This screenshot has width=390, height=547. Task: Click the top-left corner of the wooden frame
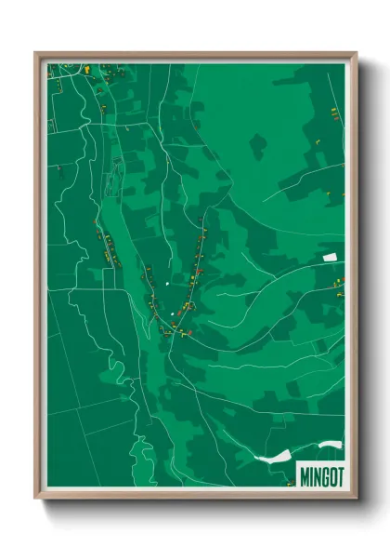click(35, 53)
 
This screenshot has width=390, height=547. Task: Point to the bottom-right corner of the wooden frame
click(356, 499)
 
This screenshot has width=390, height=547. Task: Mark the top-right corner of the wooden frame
click(356, 53)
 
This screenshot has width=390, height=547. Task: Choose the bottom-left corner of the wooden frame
click(35, 499)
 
